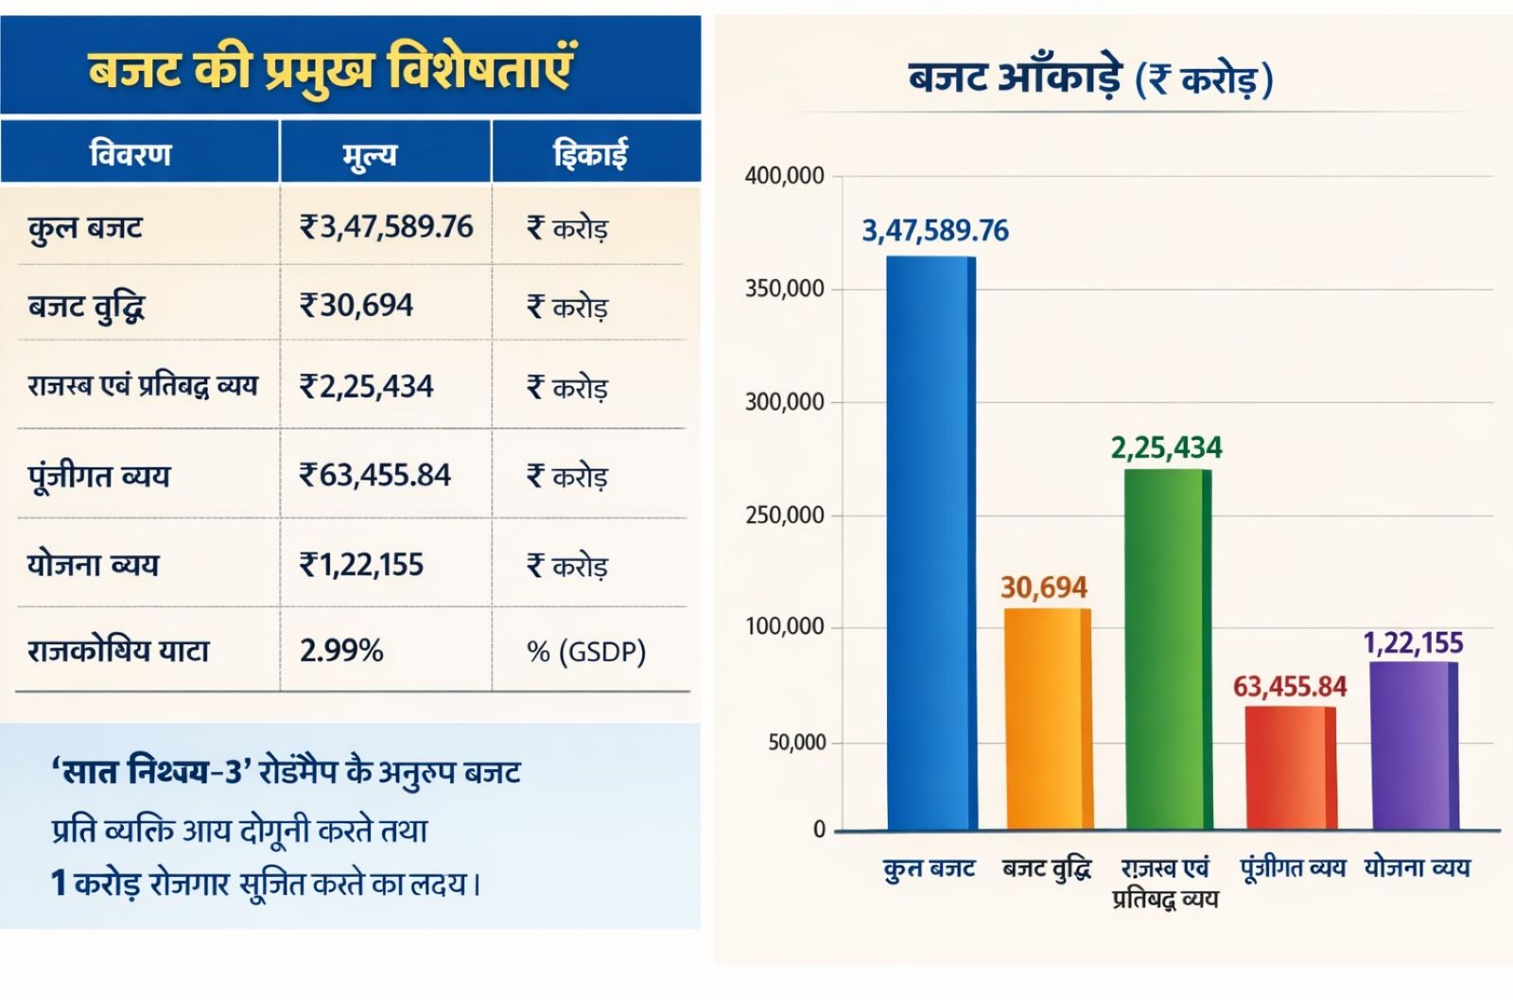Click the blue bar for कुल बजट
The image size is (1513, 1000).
(x=930, y=544)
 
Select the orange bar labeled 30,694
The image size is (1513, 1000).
(x=1047, y=719)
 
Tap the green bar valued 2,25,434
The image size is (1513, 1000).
(x=1167, y=650)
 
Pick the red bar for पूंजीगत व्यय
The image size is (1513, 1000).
(x=1290, y=767)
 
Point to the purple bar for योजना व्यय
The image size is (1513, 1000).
(x=1413, y=746)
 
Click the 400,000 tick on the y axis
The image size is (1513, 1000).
(x=784, y=176)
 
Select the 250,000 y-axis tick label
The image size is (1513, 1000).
(x=784, y=516)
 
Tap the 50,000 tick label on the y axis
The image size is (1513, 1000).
(x=796, y=743)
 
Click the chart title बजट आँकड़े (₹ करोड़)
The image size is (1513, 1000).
(x=1090, y=79)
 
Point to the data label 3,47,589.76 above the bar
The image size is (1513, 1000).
(x=934, y=231)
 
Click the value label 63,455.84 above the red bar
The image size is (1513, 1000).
(x=1289, y=687)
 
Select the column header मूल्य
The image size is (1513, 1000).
(x=370, y=154)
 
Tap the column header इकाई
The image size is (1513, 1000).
(x=590, y=153)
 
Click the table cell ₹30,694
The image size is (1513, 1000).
(x=357, y=306)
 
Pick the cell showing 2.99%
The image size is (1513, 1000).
(x=341, y=651)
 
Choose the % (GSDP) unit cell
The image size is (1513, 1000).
(x=586, y=652)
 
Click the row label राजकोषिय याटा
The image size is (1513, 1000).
(x=118, y=651)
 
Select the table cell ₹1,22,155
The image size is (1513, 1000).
(x=361, y=565)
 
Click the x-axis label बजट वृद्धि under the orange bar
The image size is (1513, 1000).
(x=1047, y=868)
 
